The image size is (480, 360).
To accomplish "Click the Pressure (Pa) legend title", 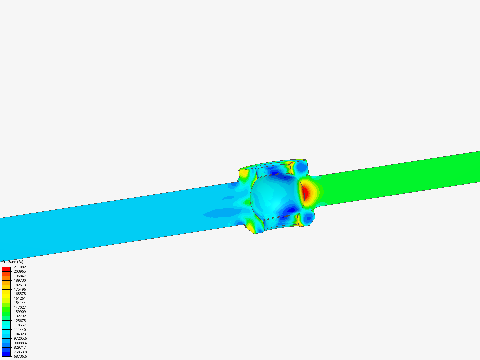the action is click(13, 262).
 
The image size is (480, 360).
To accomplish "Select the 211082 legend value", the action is click(20, 267).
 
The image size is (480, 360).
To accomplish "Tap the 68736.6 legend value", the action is click(20, 356).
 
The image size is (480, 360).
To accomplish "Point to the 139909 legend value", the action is click(20, 312).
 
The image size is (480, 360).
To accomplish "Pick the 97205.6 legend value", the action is click(20, 338).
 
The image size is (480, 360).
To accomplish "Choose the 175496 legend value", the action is click(20, 289).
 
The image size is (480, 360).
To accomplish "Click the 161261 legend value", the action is click(20, 298).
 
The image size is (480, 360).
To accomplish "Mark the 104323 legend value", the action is click(20, 334).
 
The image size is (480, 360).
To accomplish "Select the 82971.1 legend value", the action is click(20, 347).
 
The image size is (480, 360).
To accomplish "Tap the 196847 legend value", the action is click(20, 276).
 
